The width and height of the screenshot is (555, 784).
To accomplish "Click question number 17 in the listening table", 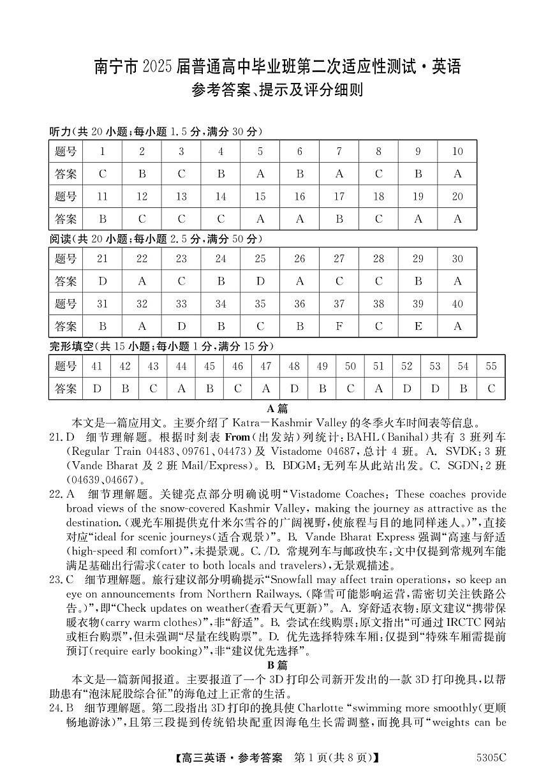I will (x=339, y=196).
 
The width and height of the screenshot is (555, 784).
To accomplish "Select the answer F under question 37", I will (x=339, y=327).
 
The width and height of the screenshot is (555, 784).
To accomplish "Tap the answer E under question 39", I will (x=418, y=327).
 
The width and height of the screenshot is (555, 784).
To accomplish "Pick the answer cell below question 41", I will (x=97, y=388).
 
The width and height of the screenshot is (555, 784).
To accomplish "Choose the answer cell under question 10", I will (x=457, y=174).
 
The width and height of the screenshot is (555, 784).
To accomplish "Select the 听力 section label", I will (x=60, y=131).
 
